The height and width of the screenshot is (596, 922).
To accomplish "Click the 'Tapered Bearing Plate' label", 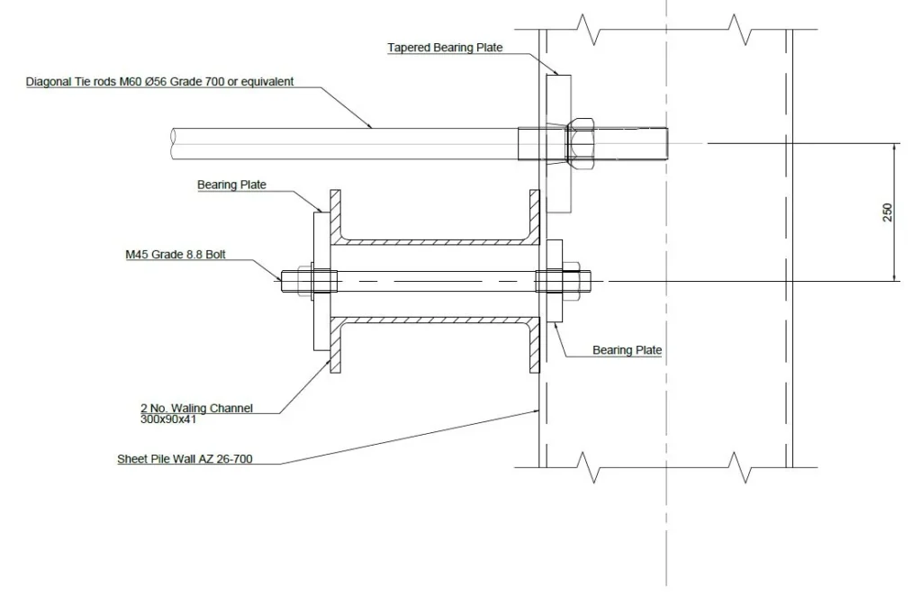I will pos(445,48).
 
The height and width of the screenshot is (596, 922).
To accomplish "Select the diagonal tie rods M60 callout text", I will pos(159,82).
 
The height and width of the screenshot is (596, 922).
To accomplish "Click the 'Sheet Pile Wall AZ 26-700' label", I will pos(185,459).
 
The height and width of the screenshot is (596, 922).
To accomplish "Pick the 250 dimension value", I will pos(888,212).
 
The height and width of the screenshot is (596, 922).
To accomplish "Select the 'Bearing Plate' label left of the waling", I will pos(231,185).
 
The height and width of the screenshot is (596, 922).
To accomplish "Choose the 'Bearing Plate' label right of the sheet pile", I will pos(627,350).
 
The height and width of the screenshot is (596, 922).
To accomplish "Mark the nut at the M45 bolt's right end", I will pos(575,281).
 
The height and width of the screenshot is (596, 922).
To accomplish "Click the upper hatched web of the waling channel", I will pos(430,242).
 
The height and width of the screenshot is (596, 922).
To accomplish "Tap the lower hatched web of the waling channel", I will pos(430,320).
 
